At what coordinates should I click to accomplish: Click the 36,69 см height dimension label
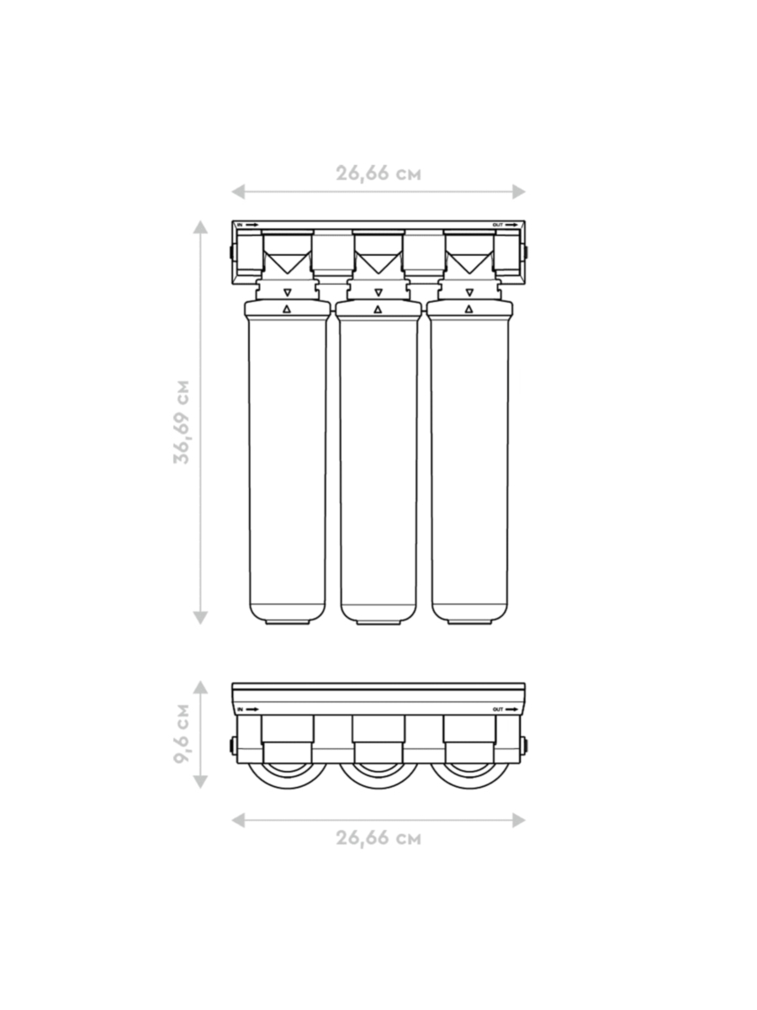[x=182, y=422]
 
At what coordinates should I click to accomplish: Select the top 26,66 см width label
[x=378, y=174]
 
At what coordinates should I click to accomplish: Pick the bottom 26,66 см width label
[x=378, y=838]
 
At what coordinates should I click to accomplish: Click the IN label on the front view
[x=240, y=225]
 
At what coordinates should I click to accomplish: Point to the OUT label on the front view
[x=498, y=225]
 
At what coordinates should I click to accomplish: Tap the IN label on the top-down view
[x=240, y=710]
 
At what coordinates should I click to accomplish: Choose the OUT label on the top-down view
[x=498, y=710]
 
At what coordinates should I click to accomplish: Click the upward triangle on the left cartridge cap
[x=287, y=309]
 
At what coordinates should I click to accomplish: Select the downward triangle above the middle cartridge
[x=378, y=292]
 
